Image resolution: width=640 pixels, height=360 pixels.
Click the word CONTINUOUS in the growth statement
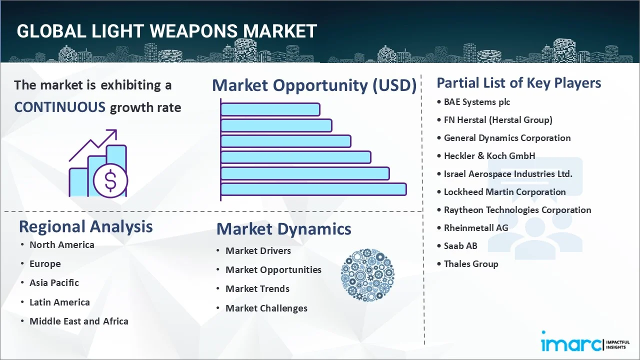[59, 107]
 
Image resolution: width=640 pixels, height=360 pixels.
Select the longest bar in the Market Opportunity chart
[313, 189]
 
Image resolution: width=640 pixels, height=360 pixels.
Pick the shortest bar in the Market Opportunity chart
[270, 109]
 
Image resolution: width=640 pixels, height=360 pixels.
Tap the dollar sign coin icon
[110, 180]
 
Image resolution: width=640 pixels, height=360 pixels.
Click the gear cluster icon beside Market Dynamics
[367, 275]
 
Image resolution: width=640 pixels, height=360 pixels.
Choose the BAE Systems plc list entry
[477, 102]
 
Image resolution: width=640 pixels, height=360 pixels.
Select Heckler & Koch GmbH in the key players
[489, 156]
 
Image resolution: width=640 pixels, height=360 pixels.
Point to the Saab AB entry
[460, 246]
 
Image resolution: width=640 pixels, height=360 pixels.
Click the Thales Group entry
[471, 264]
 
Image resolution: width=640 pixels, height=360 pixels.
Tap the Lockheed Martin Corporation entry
[504, 192]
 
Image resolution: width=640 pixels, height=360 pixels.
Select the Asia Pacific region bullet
[54, 283]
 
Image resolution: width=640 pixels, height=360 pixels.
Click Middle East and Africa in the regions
[78, 321]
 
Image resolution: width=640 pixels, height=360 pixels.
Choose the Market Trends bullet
[257, 289]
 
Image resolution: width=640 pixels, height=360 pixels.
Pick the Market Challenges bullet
[266, 308]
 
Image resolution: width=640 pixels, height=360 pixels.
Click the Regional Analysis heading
[85, 226]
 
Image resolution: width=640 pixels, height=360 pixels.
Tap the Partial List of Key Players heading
[519, 83]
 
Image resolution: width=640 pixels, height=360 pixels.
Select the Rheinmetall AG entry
[475, 228]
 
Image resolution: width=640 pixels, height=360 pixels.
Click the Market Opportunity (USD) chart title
[314, 86]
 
